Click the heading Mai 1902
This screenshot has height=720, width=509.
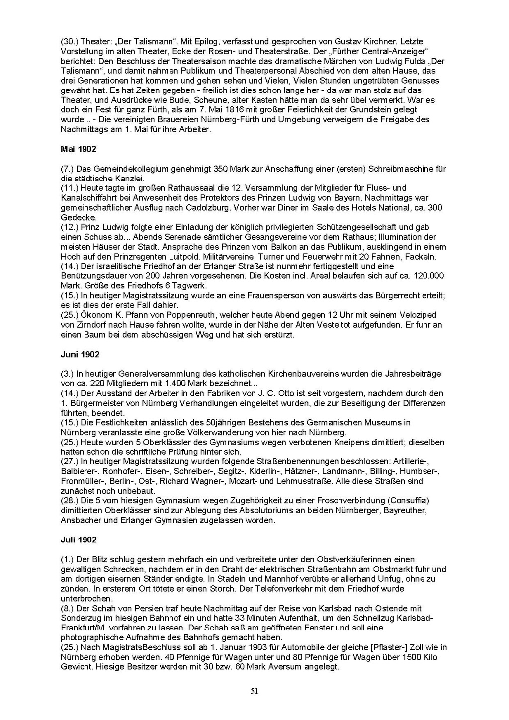[x=79, y=149]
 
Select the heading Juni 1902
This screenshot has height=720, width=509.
[x=80, y=354]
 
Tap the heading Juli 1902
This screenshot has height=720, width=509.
[x=79, y=540]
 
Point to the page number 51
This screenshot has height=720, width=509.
[x=254, y=691]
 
